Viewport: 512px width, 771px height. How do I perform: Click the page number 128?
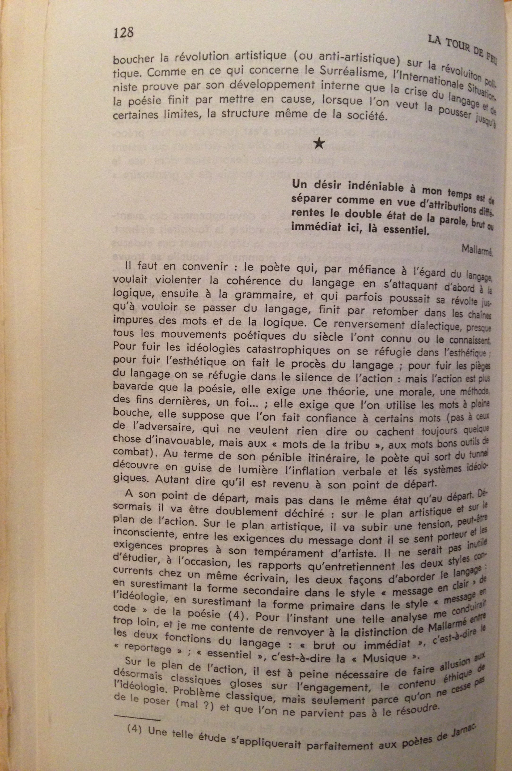123,33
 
